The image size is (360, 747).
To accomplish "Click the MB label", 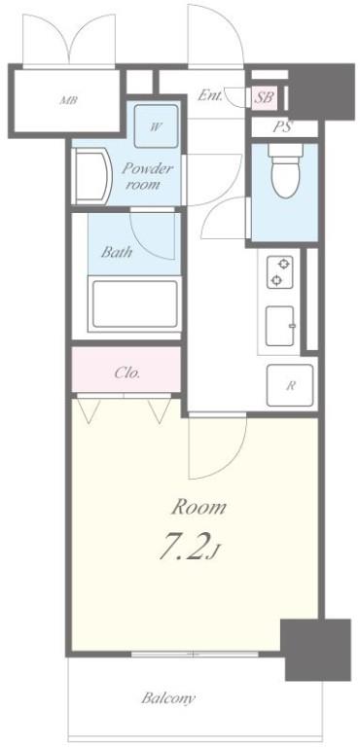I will coord(67,100).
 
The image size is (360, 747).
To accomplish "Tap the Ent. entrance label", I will coord(210,95).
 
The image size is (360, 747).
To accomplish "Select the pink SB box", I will coord(264,96).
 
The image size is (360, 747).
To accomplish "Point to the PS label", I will coord(282,126).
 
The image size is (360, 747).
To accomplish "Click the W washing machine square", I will coord(156,125).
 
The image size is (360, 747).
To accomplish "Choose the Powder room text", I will coord(147,175).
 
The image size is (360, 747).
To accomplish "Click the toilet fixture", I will coord(284,176).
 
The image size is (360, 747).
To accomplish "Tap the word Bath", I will coord(118,250).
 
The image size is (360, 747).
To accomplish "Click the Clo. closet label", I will coord(127,372).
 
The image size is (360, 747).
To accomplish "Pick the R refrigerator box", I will coord(289,384).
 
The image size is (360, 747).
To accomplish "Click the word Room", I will coord(198,507).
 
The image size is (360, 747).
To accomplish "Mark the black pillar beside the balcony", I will coord(315,649).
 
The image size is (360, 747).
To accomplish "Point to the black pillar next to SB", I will coord(320,90).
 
